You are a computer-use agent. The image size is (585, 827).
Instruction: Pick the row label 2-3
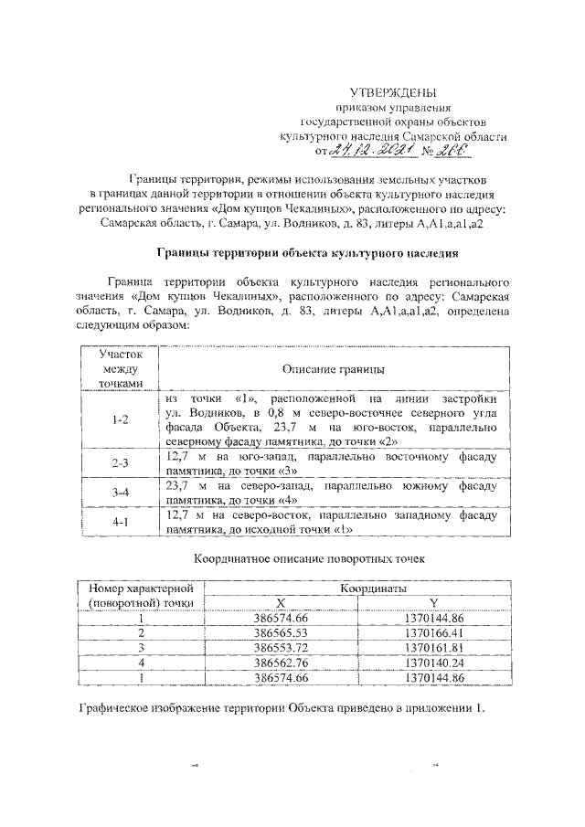coord(120,463)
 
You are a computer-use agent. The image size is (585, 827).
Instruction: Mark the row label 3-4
coord(120,493)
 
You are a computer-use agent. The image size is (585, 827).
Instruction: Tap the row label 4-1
coord(120,524)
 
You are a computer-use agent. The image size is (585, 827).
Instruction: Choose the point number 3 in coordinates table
coord(141,647)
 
